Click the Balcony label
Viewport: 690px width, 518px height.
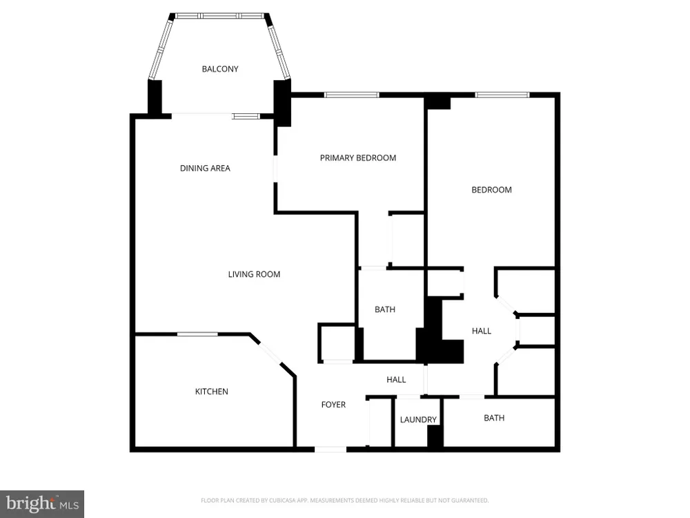click(x=220, y=68)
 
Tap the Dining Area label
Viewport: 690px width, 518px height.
click(x=205, y=168)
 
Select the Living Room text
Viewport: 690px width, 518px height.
click(x=254, y=274)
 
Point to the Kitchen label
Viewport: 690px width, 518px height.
click(x=211, y=391)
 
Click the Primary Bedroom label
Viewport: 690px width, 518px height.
click(x=357, y=157)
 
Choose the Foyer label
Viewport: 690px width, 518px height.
click(x=333, y=404)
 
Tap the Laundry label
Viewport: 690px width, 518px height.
click(x=418, y=420)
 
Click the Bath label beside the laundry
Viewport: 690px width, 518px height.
click(x=494, y=418)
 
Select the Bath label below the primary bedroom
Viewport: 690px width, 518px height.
click(x=384, y=309)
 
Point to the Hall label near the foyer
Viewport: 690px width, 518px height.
click(x=396, y=379)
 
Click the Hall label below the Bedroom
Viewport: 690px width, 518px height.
click(x=482, y=331)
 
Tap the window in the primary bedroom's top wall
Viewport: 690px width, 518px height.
click(x=352, y=95)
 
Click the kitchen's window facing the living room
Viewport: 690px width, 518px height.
click(x=197, y=334)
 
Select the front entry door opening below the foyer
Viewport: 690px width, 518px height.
click(x=331, y=450)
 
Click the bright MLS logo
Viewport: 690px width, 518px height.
click(x=42, y=504)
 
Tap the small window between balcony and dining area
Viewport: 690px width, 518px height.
click(x=246, y=116)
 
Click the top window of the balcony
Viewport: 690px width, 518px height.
click(x=220, y=15)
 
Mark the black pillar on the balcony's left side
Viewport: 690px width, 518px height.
click(x=155, y=97)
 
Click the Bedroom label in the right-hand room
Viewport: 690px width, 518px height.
click(x=491, y=190)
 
